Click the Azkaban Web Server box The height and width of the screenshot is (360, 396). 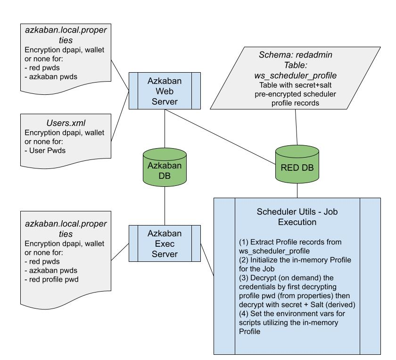click(165, 91)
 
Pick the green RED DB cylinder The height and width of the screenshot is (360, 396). click(297, 165)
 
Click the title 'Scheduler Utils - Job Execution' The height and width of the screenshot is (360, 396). click(297, 217)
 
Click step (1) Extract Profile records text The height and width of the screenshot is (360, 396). click(290, 245)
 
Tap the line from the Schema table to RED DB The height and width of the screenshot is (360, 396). click(296, 127)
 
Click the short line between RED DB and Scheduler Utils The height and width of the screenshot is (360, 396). click(297, 191)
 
